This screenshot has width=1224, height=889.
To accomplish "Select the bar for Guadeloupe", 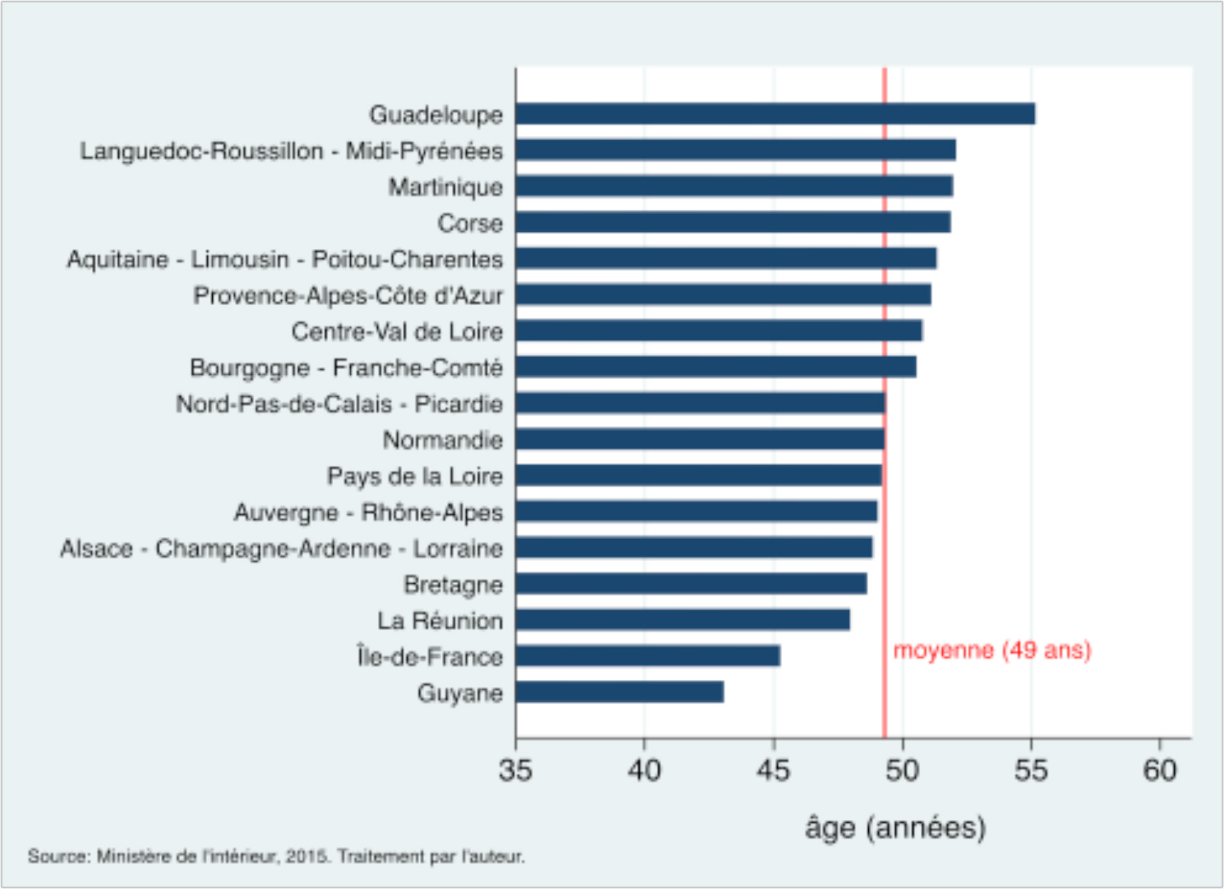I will coord(774,114).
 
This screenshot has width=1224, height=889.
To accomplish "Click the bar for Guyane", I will coord(620,692).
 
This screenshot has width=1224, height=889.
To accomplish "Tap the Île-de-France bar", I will coord(647,656).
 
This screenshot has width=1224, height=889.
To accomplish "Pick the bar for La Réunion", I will coord(682,620).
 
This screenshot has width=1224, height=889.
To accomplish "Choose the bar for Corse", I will coord(732,222).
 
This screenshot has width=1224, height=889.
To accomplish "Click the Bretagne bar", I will coord(691,584).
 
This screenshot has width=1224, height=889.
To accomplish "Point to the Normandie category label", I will coord(442,440).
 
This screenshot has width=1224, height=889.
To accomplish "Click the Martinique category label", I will coord(445,186).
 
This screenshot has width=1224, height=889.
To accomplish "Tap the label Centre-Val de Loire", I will coord(396,331).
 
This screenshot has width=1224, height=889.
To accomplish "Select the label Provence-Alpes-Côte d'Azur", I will coord(347,295).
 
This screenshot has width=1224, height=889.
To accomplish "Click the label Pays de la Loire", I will coord(414,476).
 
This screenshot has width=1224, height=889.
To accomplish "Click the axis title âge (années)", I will coord(895,827).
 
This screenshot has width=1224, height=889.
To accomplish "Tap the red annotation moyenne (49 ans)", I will coord(992,650).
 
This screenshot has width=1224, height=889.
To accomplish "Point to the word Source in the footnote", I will coord(59,857).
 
